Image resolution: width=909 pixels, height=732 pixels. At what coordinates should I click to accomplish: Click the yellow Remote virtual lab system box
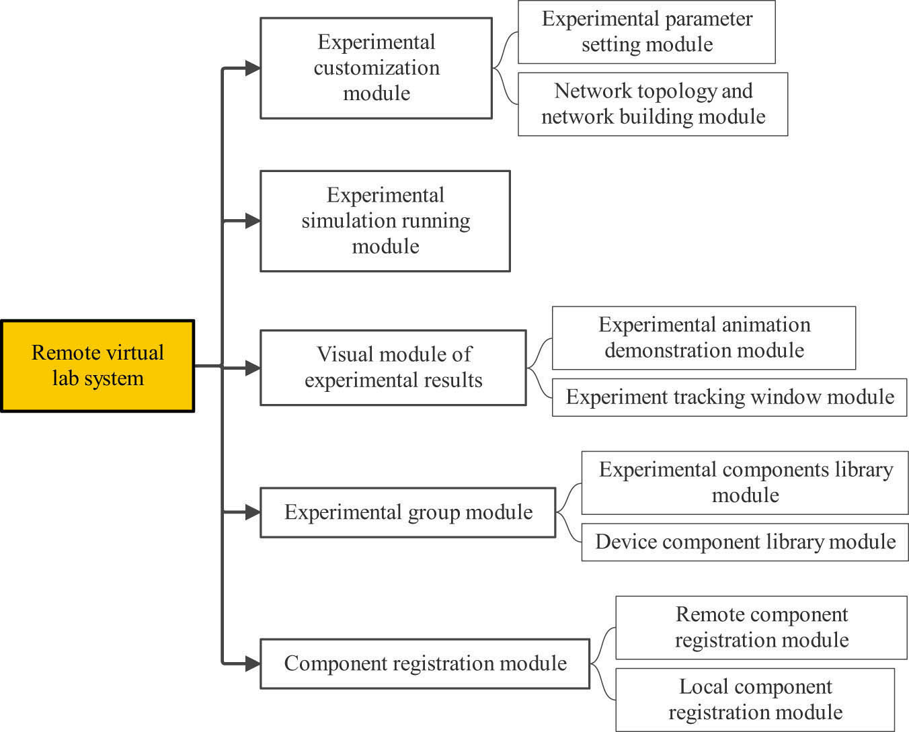coord(97,366)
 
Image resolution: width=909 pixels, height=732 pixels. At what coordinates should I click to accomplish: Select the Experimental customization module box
coord(376,68)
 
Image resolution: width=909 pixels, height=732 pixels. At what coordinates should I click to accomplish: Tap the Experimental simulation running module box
coord(385,221)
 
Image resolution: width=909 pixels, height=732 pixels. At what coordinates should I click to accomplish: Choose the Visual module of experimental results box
coord(393,368)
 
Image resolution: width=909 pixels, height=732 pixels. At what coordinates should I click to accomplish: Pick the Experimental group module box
coord(407,512)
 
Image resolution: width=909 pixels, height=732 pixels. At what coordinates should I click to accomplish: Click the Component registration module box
coord(424,663)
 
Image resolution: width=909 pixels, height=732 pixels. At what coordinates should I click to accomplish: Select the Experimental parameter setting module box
coord(646,32)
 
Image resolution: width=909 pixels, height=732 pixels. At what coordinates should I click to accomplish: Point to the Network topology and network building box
coord(652,104)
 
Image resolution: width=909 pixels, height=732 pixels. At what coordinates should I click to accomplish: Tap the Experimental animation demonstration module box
coord(703,337)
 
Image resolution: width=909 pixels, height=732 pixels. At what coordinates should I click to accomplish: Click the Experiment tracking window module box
coord(729,397)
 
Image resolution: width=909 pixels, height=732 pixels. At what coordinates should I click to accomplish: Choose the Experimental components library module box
coord(745,483)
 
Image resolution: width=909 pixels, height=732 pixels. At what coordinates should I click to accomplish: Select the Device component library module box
coord(745,542)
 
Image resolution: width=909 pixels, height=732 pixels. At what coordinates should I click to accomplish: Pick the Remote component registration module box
coord(761,627)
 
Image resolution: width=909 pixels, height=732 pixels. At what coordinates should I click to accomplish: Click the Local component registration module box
coord(754,699)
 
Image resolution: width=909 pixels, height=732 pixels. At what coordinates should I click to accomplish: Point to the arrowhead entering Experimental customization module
coord(252,68)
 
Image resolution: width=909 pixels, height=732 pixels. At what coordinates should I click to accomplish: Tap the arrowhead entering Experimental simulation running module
coord(252,221)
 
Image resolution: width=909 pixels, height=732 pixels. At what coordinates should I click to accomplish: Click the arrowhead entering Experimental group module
coord(252,512)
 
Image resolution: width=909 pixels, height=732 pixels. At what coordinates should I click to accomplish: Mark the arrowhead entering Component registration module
coord(252,664)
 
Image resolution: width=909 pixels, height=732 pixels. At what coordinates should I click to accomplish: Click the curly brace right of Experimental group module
coord(568,512)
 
